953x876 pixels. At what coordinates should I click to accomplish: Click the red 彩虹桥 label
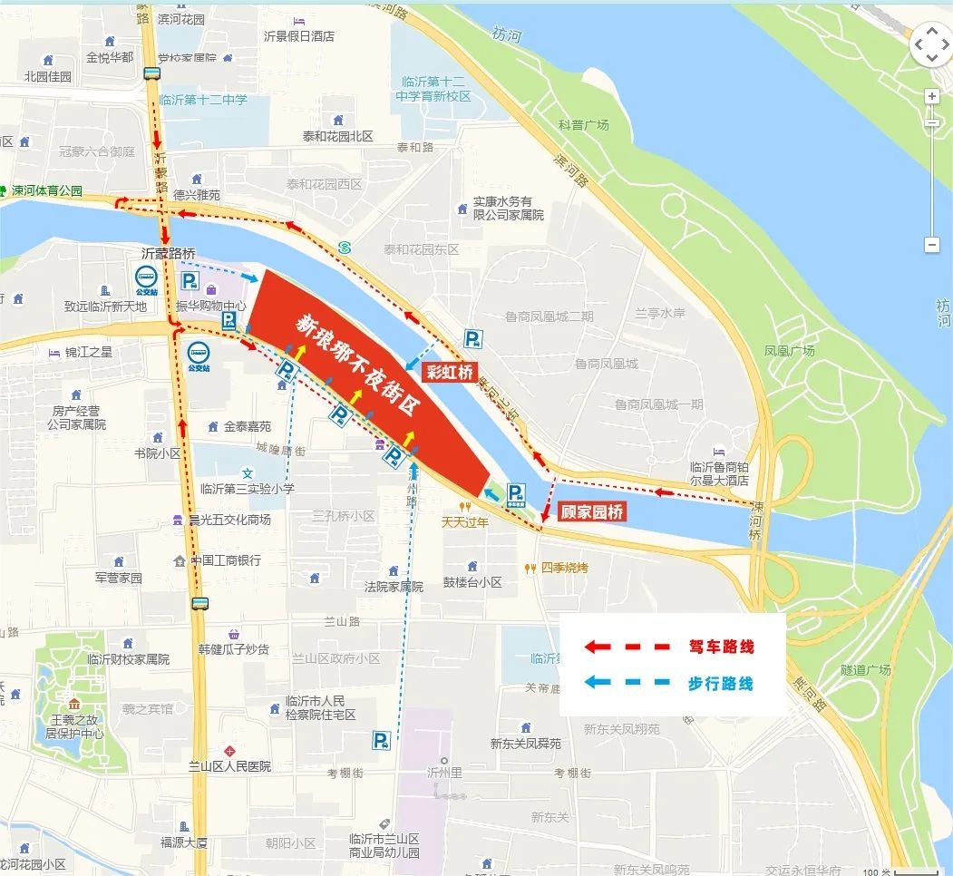(x=451, y=372)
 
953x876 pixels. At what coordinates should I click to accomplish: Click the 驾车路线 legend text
(x=721, y=647)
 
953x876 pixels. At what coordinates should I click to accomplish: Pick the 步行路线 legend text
(x=721, y=683)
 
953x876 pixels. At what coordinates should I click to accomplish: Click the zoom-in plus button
(x=931, y=96)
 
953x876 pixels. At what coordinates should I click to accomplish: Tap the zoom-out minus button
(x=931, y=245)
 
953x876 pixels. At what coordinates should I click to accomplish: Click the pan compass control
(x=930, y=44)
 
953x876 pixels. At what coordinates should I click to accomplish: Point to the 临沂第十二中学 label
(x=203, y=100)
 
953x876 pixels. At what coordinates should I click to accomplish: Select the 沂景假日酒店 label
(x=298, y=36)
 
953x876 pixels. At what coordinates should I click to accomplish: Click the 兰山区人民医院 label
(x=229, y=766)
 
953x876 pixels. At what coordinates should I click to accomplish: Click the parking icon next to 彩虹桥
(x=472, y=339)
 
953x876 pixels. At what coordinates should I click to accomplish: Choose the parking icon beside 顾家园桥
(x=516, y=493)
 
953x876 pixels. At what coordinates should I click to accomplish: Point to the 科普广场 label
(x=584, y=125)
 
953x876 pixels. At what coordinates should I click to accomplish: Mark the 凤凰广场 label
(x=790, y=351)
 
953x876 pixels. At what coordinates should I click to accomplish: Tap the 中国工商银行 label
(x=225, y=560)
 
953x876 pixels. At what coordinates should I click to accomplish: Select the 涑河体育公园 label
(x=46, y=191)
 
